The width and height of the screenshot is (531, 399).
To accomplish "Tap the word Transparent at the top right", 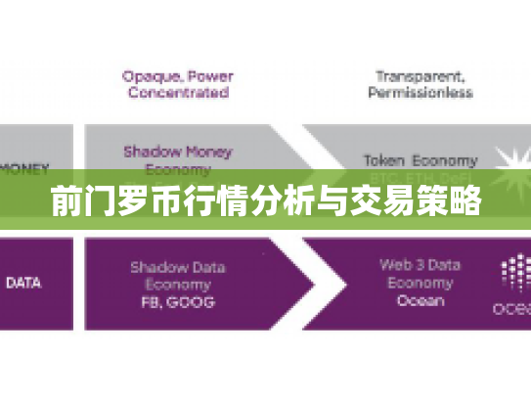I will coord(418,74).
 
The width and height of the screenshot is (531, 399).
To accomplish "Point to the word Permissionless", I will coord(420,93).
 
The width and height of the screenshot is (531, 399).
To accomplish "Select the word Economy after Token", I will coord(445,159).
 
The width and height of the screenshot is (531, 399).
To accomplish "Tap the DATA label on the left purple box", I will coord(23,283).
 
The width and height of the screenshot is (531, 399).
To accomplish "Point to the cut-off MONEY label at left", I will coord(22,167).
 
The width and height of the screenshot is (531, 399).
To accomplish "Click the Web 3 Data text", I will coord(420,265).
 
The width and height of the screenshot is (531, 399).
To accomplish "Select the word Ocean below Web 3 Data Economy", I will coord(420,300).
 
